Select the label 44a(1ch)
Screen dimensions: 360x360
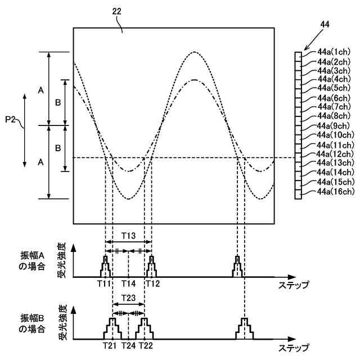(335, 52)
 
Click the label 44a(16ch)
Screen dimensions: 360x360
(335, 192)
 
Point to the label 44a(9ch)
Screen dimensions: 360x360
(335, 125)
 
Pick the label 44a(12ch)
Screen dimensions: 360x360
(335, 154)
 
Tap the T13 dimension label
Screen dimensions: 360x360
(129, 236)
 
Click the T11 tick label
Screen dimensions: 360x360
(104, 283)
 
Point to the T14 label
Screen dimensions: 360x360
(129, 283)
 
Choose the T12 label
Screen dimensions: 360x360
(152, 283)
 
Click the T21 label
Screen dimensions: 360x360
(111, 344)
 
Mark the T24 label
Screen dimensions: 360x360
(129, 344)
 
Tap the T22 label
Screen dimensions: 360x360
(145, 344)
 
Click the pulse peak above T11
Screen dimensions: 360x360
(105, 257)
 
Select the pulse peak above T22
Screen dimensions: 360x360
(145, 319)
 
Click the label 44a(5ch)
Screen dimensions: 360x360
(335, 88)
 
